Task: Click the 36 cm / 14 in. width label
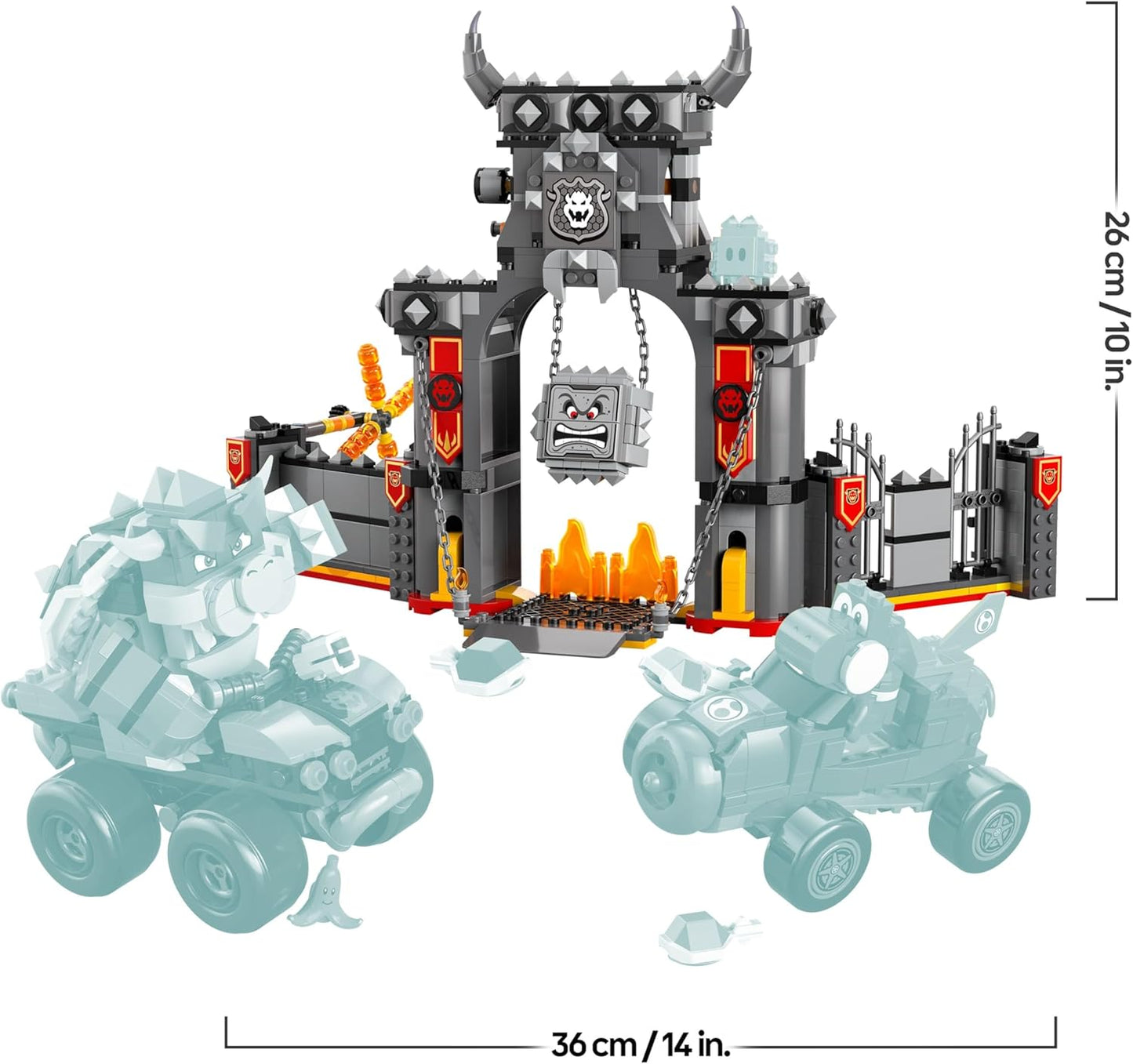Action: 641,1044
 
